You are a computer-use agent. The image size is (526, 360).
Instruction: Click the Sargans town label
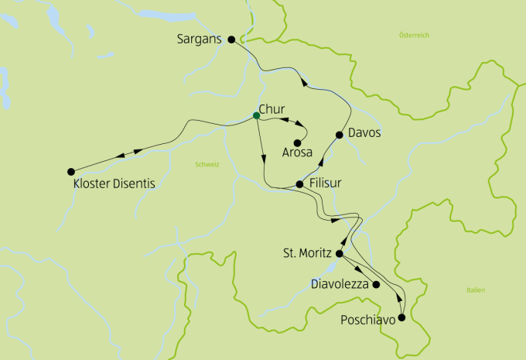coord(200,38)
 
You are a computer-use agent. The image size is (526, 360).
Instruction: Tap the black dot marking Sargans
coord(231,39)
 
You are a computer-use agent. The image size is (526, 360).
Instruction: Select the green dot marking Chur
coord(256,116)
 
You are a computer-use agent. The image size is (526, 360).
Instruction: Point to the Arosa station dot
coord(297,142)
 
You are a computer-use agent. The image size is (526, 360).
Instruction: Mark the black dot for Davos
coord(339,135)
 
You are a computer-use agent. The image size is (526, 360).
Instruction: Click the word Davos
coord(365,132)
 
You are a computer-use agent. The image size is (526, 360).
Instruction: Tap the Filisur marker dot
coord(299,184)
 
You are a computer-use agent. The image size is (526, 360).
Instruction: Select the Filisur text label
coord(325,183)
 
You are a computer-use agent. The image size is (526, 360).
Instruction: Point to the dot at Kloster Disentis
coord(71,171)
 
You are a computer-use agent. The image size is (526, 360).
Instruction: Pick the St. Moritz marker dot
coord(339,253)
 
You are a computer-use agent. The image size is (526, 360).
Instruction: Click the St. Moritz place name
coord(308,253)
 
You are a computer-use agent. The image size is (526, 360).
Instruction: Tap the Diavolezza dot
coord(377,285)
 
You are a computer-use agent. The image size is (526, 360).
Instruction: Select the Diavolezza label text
coord(339,285)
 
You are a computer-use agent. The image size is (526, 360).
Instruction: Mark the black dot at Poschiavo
coord(401,317)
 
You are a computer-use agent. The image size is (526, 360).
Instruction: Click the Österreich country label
coord(414,36)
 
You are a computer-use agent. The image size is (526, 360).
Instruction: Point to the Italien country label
coord(476,290)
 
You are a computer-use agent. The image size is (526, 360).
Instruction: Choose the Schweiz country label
coord(207,164)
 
